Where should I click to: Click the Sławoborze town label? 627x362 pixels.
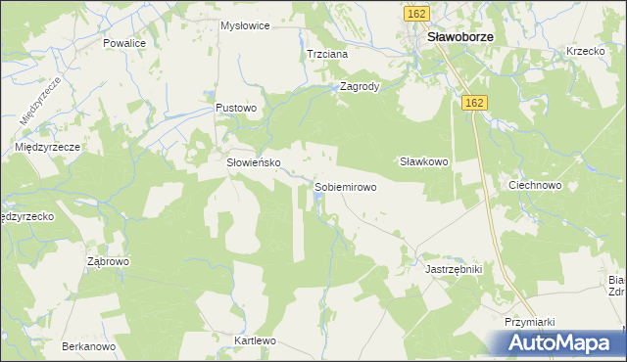click(x=459, y=37)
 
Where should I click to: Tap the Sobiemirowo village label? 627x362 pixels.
click(x=345, y=187)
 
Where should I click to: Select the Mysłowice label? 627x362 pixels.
click(x=245, y=25)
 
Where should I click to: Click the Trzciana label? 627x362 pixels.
click(x=327, y=55)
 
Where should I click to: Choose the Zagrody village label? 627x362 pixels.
click(x=359, y=86)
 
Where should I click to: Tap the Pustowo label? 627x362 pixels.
click(x=236, y=108)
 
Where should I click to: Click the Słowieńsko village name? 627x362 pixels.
click(x=255, y=163)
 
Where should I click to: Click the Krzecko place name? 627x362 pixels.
click(x=586, y=51)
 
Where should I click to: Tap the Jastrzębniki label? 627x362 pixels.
click(x=455, y=267)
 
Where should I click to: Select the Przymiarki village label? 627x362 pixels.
click(x=530, y=321)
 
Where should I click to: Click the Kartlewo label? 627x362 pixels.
click(x=255, y=341)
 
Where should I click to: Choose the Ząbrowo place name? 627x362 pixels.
click(x=108, y=262)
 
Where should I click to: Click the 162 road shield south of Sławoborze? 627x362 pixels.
click(x=475, y=103)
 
